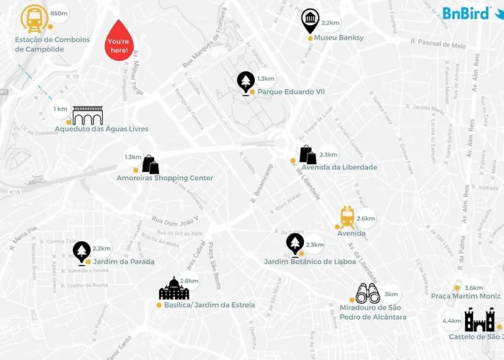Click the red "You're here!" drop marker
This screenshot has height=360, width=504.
click(x=119, y=42)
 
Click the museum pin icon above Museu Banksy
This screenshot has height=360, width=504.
click(x=310, y=22)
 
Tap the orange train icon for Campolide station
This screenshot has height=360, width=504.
click(x=32, y=18)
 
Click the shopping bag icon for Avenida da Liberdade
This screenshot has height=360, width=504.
click(x=307, y=154)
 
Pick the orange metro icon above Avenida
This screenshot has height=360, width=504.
click(x=347, y=216)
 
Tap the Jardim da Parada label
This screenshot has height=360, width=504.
click(x=124, y=261)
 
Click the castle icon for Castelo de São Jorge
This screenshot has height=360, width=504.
click(x=478, y=319)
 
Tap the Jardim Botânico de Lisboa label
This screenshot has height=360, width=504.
click(x=310, y=261)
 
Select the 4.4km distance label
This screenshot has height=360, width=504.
click(x=452, y=321)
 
